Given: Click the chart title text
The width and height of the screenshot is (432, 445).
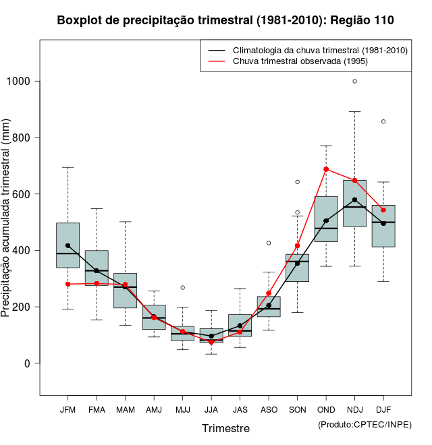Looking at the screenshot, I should pos(225,20).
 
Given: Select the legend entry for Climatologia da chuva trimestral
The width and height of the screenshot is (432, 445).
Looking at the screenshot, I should pos(319,51).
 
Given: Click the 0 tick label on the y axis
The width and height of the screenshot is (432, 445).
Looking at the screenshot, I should pos(28,363).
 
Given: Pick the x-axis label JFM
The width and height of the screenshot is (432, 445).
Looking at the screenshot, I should pos(67,409).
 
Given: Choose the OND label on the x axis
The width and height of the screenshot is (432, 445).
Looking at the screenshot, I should pos(326,409).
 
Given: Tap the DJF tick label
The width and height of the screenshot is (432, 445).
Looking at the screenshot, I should pos(383,409).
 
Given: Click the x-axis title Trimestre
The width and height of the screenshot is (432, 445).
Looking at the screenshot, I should pos(225,428).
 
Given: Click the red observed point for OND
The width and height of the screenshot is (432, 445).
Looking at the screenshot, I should pos(326,169).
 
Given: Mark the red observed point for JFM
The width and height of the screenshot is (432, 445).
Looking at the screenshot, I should pos(67,284).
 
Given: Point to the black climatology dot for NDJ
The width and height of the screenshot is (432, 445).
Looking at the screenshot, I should pos(354,200).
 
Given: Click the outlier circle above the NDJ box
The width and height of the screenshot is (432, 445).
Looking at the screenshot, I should pos(354,81).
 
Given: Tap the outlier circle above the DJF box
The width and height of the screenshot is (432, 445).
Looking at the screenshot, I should pos(383,121).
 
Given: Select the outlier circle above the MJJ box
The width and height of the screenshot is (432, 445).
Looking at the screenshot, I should pos(182,287).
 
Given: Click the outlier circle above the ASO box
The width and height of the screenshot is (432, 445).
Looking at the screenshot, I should pos(269,243).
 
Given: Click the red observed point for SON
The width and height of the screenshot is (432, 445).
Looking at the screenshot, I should pos(297,246).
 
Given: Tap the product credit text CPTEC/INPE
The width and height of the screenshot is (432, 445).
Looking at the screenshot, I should pos(364,424).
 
